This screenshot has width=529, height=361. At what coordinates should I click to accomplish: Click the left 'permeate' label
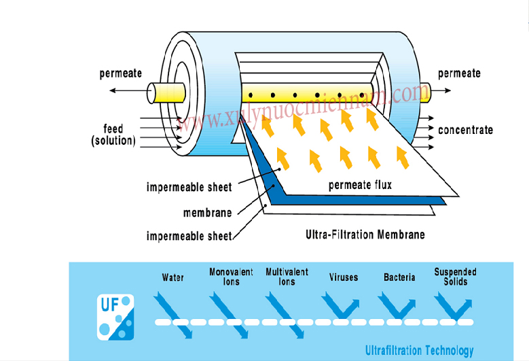(121, 73)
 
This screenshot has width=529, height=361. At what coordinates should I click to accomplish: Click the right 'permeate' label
(459, 73)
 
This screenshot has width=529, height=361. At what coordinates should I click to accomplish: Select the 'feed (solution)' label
(113, 135)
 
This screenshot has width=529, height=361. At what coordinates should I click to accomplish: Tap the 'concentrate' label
(465, 130)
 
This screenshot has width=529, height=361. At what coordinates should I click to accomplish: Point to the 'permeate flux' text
(360, 185)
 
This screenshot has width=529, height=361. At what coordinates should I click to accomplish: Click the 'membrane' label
(207, 213)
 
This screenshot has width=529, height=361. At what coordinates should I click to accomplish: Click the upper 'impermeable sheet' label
(189, 187)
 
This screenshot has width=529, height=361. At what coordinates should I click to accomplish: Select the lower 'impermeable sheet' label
(189, 237)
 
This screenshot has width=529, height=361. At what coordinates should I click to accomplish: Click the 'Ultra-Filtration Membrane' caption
(365, 235)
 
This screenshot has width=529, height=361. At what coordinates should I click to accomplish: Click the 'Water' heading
(173, 277)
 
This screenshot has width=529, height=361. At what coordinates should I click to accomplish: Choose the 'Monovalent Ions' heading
(231, 277)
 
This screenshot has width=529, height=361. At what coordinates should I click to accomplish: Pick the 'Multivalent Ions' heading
(287, 277)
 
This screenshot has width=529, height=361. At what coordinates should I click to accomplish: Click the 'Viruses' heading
(343, 277)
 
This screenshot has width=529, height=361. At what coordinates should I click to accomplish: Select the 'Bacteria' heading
(399, 277)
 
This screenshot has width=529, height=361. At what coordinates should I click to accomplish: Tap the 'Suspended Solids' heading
(455, 277)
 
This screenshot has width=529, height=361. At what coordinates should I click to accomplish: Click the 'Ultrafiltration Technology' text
(419, 351)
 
